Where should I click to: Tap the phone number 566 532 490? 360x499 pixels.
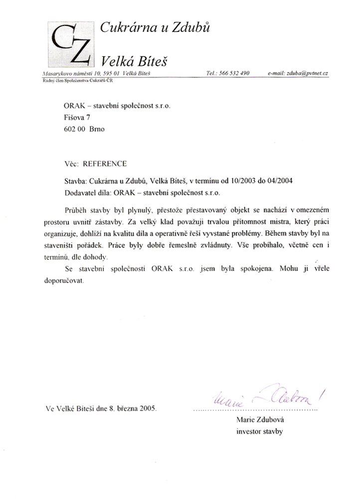tap(234, 73)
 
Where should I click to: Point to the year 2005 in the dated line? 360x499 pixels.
tap(147, 409)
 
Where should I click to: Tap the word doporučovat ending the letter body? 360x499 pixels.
tap(68, 280)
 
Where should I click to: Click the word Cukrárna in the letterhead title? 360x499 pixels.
tap(124, 28)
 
